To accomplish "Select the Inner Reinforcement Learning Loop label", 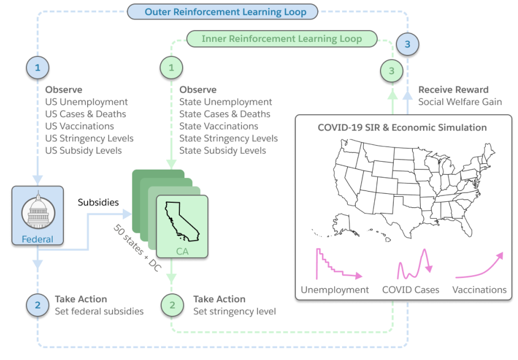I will tap(281, 39).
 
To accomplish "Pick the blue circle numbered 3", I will tap(407, 45).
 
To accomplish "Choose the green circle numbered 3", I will tap(391, 71).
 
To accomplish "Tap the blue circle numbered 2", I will tap(38, 305).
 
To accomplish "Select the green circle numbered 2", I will tap(171, 305).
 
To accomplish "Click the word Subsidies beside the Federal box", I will tap(98, 202).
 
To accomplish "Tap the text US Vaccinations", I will tap(80, 126).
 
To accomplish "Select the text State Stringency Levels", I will tap(228, 138).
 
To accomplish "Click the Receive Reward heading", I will tap(453, 90).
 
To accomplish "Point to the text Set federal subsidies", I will tap(99, 311).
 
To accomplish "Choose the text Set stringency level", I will tap(235, 311).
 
